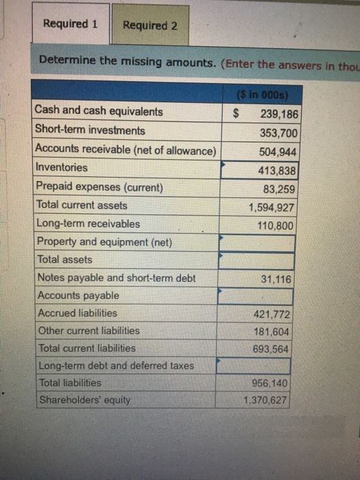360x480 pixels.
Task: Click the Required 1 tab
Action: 71,24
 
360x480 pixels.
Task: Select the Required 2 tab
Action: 149,26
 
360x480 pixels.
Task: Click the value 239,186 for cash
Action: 279,113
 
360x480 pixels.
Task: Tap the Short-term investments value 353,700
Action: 279,132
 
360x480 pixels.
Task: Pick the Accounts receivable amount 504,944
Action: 279,152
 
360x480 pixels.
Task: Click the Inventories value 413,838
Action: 279,170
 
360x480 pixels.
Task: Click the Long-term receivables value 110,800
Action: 277,225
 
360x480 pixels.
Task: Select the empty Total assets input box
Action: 256,261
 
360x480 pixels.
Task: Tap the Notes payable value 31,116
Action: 276,279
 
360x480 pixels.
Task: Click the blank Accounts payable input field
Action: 255,296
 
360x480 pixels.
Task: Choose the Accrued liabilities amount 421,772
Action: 273,315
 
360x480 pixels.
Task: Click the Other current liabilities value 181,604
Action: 273,332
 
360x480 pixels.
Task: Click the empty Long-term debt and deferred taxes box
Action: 254,366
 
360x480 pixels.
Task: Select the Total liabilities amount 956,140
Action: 270,383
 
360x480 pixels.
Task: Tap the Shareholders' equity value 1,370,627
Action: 267,400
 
